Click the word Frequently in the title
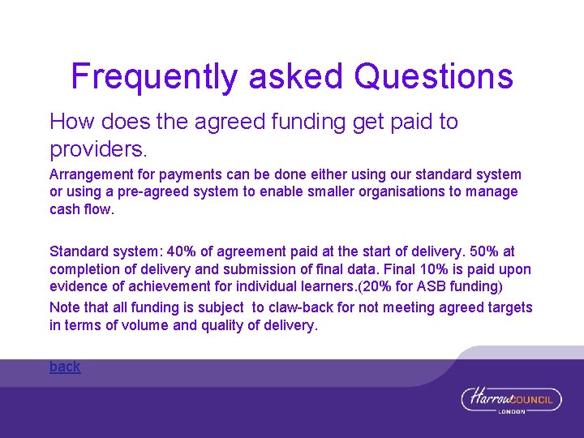point(155,76)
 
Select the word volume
point(148,325)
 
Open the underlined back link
point(65,367)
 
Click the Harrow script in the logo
point(487,398)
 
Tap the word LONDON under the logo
point(512,412)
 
